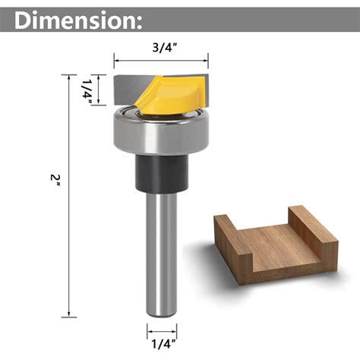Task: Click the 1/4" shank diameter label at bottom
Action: (x=161, y=343)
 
